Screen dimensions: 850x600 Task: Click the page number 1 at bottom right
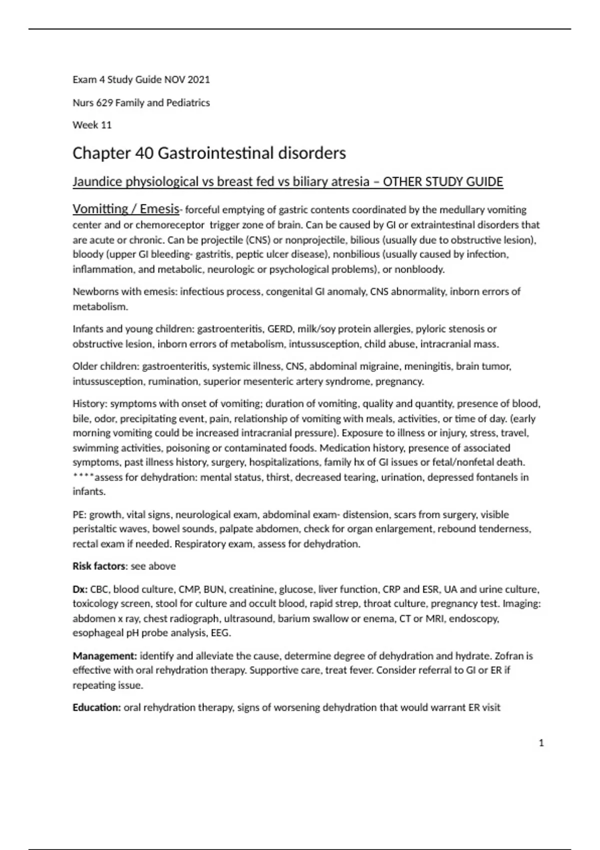tap(541, 743)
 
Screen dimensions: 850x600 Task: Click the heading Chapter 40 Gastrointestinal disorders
tap(209, 153)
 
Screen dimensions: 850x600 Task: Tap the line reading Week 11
tap(92, 125)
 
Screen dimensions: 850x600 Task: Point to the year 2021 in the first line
tap(199, 79)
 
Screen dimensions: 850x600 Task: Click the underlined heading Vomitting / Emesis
tap(125, 209)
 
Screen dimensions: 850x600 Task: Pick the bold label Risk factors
tap(99, 566)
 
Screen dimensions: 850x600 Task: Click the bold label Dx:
tap(80, 589)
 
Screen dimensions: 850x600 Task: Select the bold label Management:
tap(104, 655)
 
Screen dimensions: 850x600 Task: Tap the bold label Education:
tap(96, 707)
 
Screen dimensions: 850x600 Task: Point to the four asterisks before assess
tap(83, 477)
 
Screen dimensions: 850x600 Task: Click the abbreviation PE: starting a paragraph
tap(79, 514)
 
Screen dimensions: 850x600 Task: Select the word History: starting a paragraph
tap(90, 403)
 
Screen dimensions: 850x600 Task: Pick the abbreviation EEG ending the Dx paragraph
tap(220, 633)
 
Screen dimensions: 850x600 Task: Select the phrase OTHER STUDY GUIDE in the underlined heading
tap(442, 181)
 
